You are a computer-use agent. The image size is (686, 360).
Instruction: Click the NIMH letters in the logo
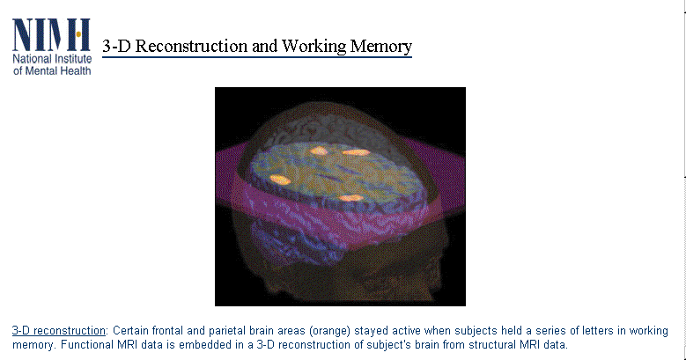[52, 35]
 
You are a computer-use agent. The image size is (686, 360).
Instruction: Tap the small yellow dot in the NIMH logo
[78, 34]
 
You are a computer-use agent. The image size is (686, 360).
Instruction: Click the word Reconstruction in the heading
[191, 46]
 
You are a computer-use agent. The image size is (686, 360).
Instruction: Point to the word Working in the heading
[313, 47]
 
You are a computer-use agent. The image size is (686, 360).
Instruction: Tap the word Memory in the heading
[381, 47]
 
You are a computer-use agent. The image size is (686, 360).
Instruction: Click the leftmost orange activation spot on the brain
[280, 179]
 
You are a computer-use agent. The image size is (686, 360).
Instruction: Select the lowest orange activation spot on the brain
[350, 198]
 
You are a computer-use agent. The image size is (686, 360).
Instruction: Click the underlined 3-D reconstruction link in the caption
[59, 330]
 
